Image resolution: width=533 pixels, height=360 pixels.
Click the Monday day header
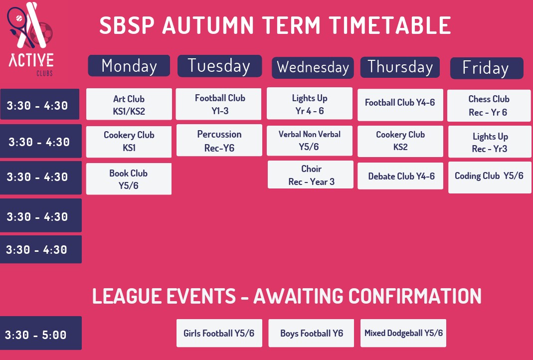pos(129,66)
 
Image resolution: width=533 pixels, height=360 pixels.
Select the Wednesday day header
pos(313,68)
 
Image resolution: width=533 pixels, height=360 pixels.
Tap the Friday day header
pos(487,68)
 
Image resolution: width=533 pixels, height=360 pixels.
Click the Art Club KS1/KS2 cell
pos(129,104)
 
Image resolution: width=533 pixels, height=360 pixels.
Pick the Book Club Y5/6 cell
pos(129,179)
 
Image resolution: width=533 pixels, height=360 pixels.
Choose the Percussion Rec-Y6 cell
pos(219,141)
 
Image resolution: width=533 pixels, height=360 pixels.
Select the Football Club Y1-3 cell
pos(218,104)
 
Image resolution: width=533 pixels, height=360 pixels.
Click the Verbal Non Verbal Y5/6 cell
pos(310,141)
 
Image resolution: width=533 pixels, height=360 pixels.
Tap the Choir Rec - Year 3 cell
pos(311,175)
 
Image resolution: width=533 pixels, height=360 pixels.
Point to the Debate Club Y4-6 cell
pos(400,176)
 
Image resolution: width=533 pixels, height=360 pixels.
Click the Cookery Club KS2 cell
pos(400,142)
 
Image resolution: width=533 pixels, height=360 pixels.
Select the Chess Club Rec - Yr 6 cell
pos(489,105)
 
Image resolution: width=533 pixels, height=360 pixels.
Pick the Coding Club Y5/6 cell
pos(490,178)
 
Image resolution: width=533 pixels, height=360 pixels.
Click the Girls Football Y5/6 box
pos(219,333)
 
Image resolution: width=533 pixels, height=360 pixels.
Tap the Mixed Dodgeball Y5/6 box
pos(403,333)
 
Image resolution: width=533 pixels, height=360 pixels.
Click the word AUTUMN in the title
pos(208,25)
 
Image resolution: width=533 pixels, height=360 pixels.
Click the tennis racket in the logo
pos(20,25)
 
